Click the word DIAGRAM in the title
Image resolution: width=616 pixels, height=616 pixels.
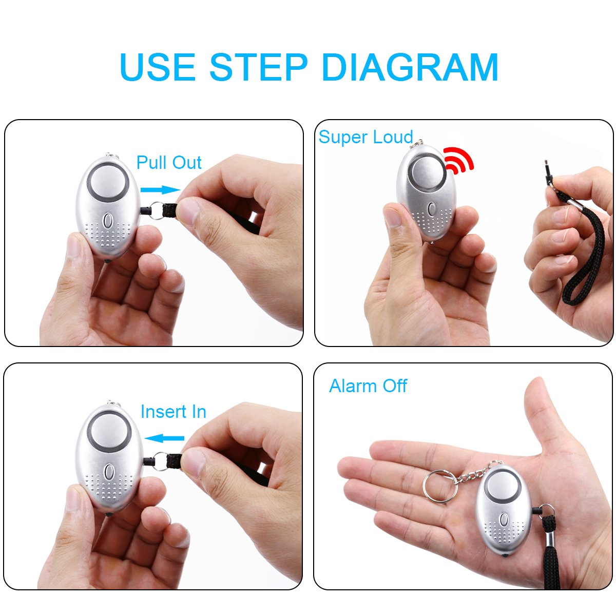[x=410, y=67]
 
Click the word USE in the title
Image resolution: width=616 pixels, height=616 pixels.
[x=158, y=67]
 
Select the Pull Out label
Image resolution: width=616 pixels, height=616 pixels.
[x=169, y=163]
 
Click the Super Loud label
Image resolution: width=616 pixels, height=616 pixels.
[x=365, y=137]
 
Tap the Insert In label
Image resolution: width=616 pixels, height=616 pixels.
[x=173, y=412]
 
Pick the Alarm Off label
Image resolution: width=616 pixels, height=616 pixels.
[x=368, y=386]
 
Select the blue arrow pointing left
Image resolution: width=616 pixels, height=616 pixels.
[x=164, y=438]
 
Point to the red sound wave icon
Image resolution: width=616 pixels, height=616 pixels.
[x=458, y=159]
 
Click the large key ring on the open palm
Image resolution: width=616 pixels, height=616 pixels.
[x=440, y=485]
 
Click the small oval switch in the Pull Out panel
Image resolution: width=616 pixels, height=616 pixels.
[x=108, y=222]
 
